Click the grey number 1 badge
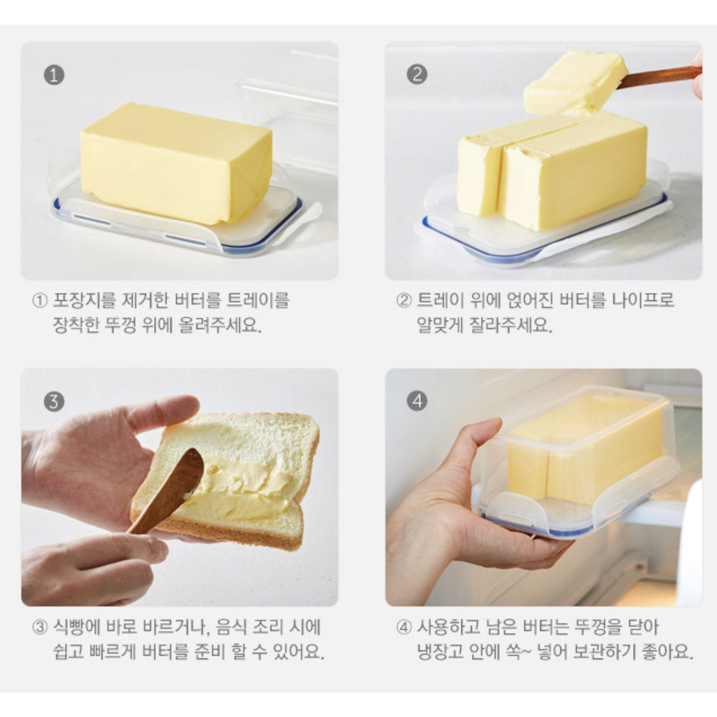(54, 75)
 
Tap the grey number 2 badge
(417, 74)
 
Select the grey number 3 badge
(54, 401)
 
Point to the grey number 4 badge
(417, 401)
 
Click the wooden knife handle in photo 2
(661, 76)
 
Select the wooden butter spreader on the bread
(167, 490)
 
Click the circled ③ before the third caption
(40, 627)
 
